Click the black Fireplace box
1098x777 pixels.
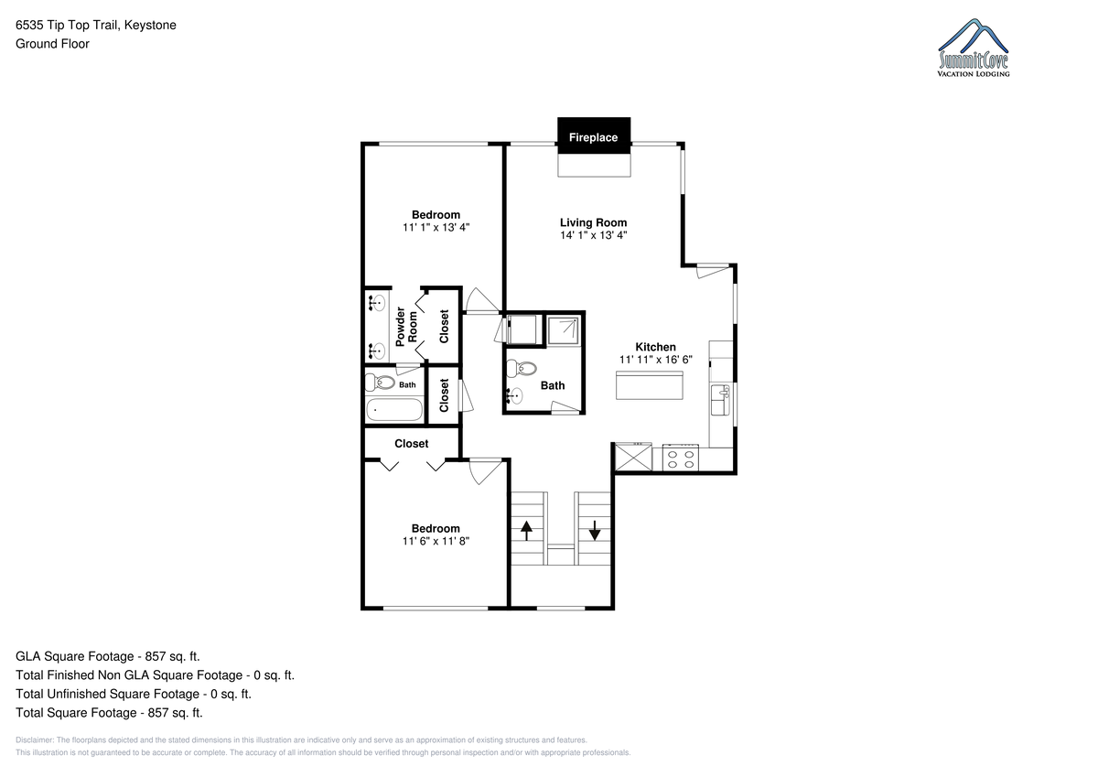coord(594,135)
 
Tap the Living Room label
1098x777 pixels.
coord(593,222)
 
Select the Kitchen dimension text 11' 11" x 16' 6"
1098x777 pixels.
coord(655,360)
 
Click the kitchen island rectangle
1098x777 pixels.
coord(649,385)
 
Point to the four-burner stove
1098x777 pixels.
coord(681,458)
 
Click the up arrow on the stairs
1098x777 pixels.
coord(526,531)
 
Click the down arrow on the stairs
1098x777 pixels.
coord(594,531)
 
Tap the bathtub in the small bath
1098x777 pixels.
coord(394,409)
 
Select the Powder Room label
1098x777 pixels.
coord(406,327)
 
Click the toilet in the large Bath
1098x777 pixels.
coord(521,368)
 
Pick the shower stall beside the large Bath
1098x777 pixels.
coord(564,330)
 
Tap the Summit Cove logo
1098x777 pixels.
coord(973,48)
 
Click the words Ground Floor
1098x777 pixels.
coord(52,44)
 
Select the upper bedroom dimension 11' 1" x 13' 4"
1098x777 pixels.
coord(436,227)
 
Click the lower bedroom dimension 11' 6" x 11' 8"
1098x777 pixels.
coord(436,541)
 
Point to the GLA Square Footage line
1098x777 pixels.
coord(108,656)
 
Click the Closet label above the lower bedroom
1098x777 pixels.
coord(411,443)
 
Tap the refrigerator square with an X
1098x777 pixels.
coord(633,457)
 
